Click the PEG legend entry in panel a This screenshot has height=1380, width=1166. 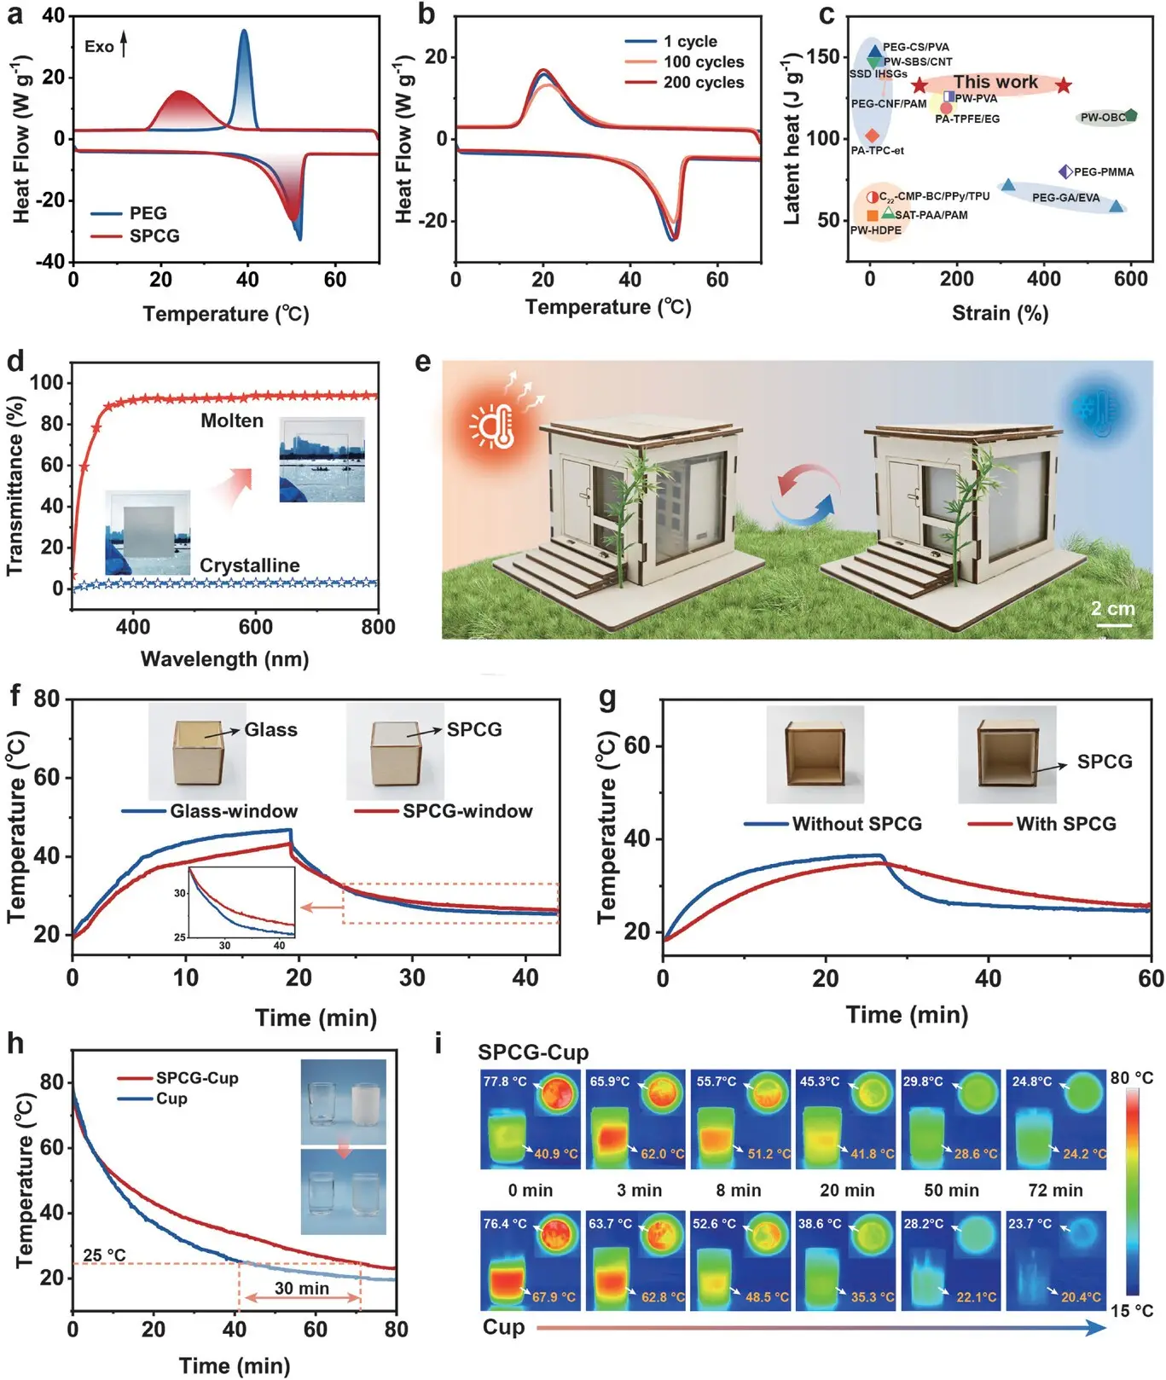(x=148, y=213)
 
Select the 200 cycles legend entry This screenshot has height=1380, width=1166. (x=703, y=83)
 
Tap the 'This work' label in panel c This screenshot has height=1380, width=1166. (x=995, y=83)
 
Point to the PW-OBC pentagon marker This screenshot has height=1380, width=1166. (x=1131, y=115)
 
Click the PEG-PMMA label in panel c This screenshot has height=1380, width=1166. (x=1103, y=172)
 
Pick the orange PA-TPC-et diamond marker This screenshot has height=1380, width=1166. (x=872, y=136)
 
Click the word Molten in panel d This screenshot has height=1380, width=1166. (x=232, y=420)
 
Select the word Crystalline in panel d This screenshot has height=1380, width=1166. (x=249, y=565)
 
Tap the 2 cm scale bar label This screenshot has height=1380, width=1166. (x=1112, y=609)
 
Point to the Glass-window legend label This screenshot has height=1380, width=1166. (x=234, y=811)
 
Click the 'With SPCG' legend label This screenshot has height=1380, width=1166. (x=1065, y=824)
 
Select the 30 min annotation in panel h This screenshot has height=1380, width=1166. (x=301, y=1288)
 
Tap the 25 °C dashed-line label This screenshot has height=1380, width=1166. (x=104, y=1255)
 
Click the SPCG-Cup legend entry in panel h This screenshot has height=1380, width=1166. (x=196, y=1078)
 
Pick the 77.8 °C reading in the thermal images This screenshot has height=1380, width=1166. (x=505, y=1081)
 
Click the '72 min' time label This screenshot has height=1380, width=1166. (x=1055, y=1191)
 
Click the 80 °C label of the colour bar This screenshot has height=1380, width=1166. (x=1131, y=1078)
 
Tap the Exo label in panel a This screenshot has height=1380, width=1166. (x=99, y=47)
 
